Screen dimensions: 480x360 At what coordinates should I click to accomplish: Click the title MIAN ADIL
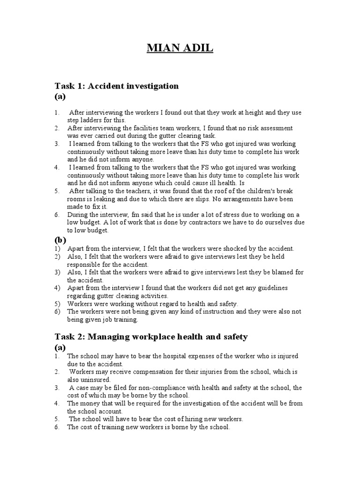pos(180,48)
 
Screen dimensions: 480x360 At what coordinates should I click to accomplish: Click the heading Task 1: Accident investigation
pos(117,86)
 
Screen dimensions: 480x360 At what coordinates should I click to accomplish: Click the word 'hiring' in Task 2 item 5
pos(181,419)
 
